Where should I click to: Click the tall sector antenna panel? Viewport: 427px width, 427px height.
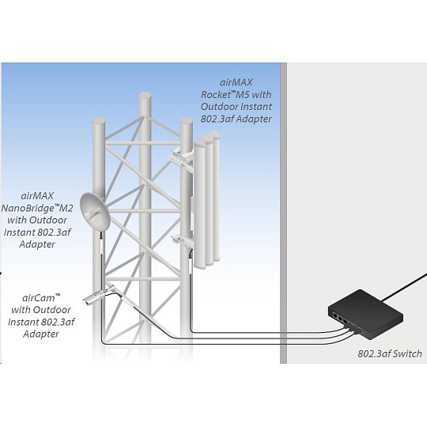click(x=207, y=198)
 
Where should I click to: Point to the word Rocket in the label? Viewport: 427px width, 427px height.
click(x=215, y=95)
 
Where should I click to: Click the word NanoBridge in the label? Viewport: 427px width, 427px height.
click(x=28, y=208)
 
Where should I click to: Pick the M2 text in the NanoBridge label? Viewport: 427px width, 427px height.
click(x=66, y=208)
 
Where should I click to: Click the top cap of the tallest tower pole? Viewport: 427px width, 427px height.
click(x=145, y=96)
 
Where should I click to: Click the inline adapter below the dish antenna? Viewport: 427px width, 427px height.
click(x=101, y=244)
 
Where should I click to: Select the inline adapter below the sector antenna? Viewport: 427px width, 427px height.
click(x=190, y=264)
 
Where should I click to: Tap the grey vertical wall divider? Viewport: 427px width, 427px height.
click(x=284, y=213)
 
